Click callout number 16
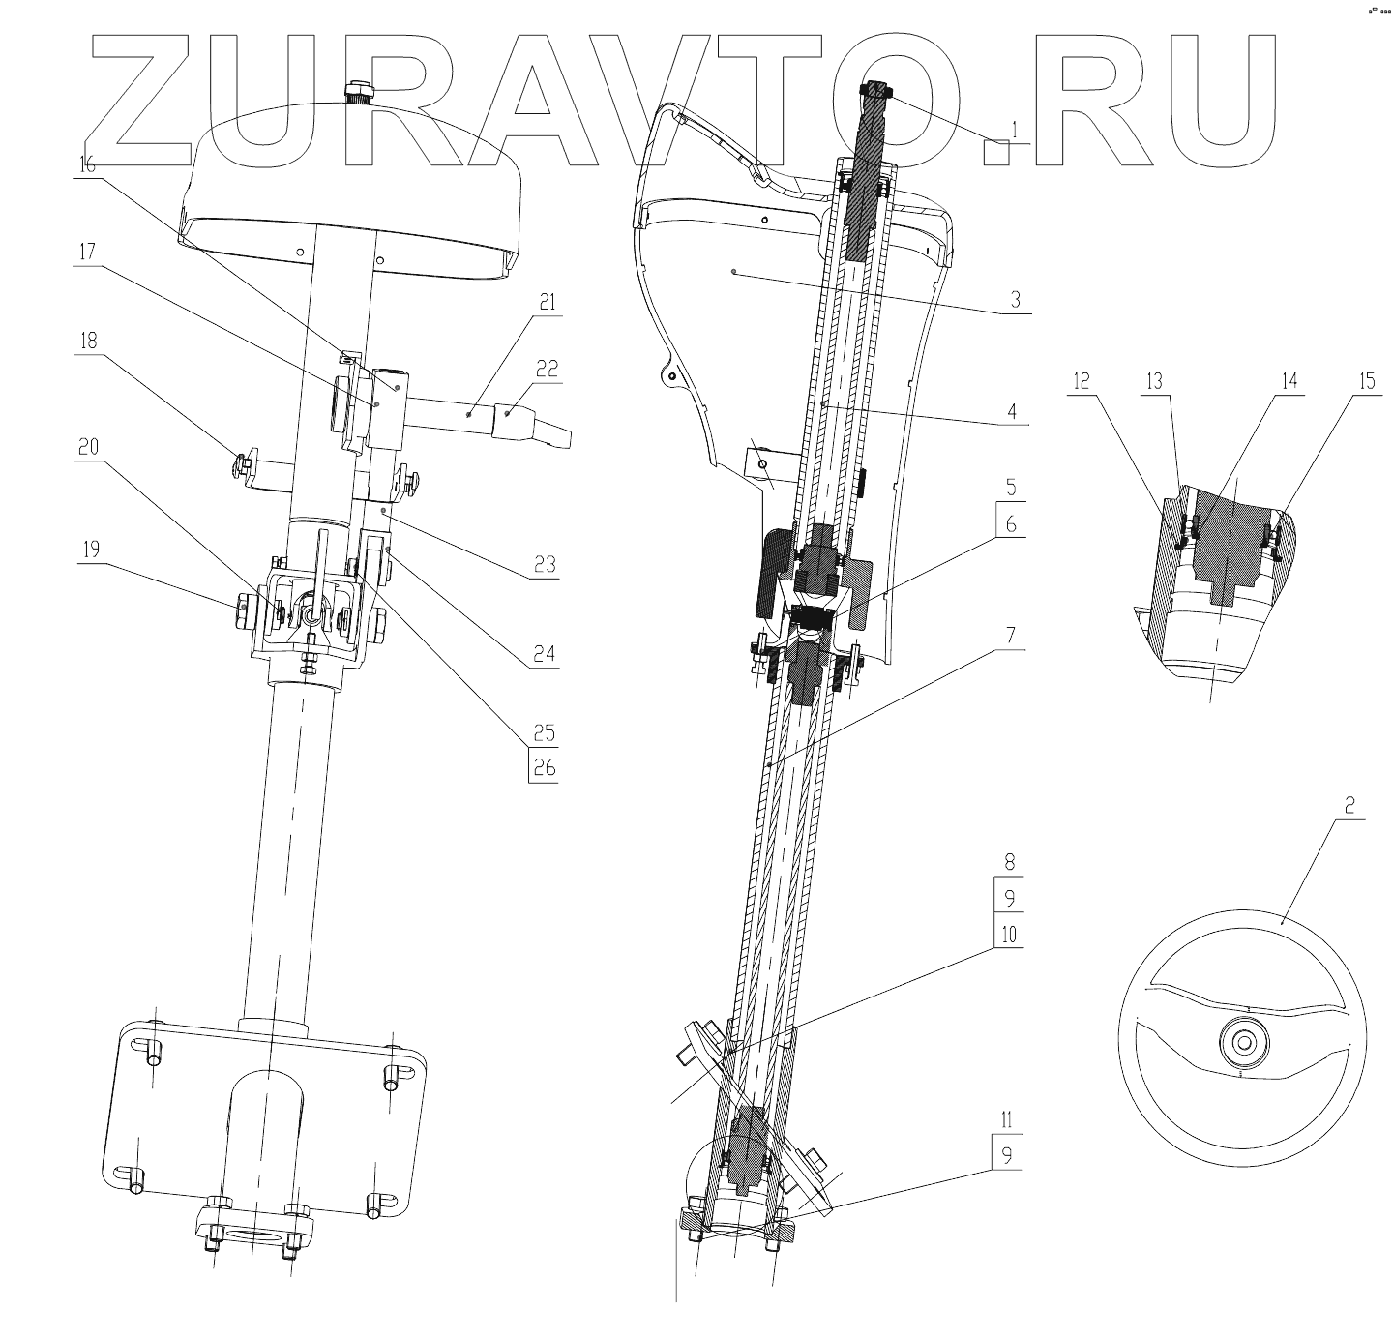click(86, 164)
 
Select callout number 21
click(547, 304)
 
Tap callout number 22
click(547, 370)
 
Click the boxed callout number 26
click(545, 768)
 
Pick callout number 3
click(1015, 300)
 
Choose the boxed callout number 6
click(1011, 523)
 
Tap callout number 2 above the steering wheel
click(1349, 805)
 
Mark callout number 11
click(1007, 1121)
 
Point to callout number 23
click(545, 564)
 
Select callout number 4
click(1011, 410)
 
